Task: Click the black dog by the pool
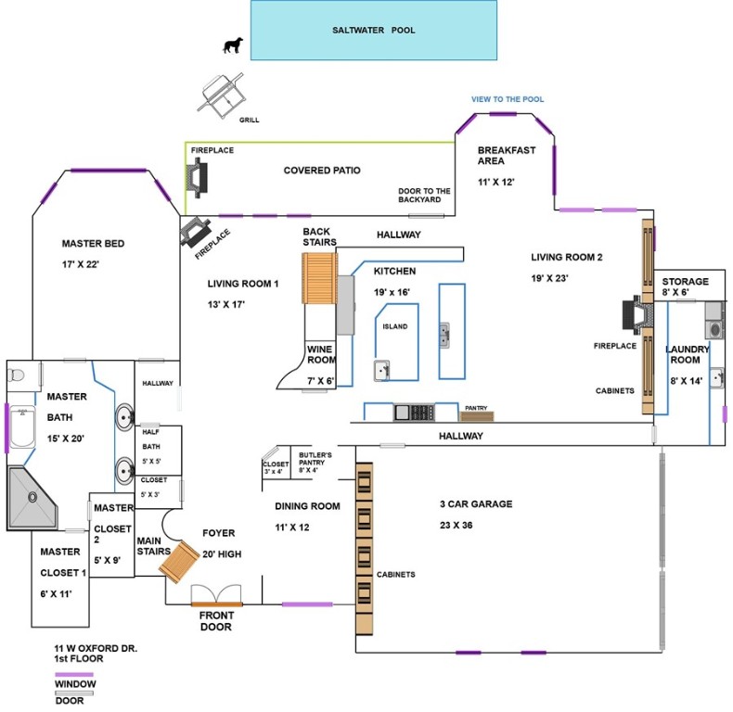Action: (233, 45)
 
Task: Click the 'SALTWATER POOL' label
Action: (374, 31)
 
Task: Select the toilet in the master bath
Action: (16, 375)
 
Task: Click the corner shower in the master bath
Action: (32, 498)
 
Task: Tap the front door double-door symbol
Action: (216, 595)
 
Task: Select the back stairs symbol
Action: (317, 275)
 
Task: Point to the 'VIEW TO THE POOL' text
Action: (508, 99)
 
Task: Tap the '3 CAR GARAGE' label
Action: (476, 504)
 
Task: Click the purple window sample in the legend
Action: (74, 676)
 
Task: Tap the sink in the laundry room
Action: (716, 377)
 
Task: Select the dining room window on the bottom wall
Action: (307, 604)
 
